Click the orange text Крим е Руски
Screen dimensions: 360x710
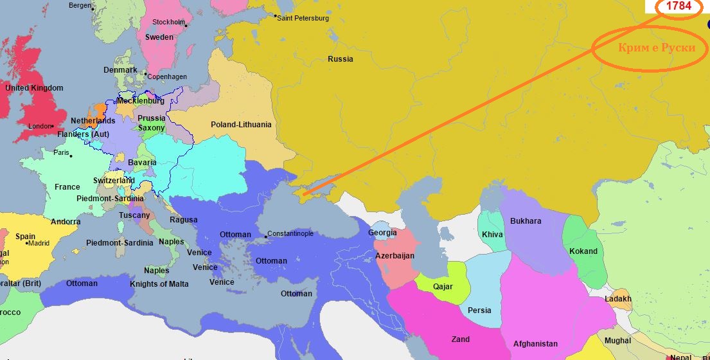pyautogui.click(x=657, y=49)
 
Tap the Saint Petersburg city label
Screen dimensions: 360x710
pyautogui.click(x=303, y=19)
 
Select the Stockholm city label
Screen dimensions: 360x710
pyautogui.click(x=168, y=22)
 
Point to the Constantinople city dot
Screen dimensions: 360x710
pyautogui.click(x=265, y=237)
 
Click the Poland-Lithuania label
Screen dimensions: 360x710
pyautogui.click(x=241, y=124)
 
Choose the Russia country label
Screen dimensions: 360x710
pyautogui.click(x=340, y=59)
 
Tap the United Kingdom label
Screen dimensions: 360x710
pyautogui.click(x=34, y=87)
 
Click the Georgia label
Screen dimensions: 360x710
pyautogui.click(x=382, y=233)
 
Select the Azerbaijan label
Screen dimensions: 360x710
pyautogui.click(x=395, y=256)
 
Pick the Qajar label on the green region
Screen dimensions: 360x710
pyautogui.click(x=443, y=287)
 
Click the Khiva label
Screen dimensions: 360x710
pyautogui.click(x=492, y=235)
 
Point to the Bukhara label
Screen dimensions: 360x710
pyautogui.click(x=526, y=221)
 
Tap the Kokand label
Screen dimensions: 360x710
pyautogui.click(x=583, y=251)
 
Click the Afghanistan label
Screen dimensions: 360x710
pyautogui.click(x=535, y=344)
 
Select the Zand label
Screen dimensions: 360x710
pyautogui.click(x=460, y=339)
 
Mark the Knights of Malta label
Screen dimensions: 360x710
pyautogui.click(x=159, y=283)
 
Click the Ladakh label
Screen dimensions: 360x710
pyautogui.click(x=618, y=299)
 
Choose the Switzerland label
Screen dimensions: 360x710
pyautogui.click(x=114, y=181)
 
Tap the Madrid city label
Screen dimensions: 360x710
pyautogui.click(x=39, y=243)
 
